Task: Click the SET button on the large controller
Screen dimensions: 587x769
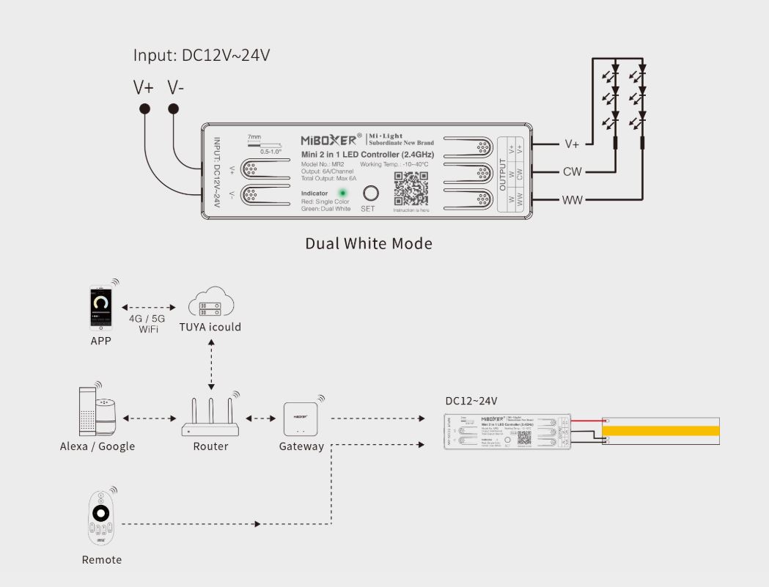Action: [x=372, y=193]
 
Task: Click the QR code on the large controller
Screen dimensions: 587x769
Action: [x=411, y=189]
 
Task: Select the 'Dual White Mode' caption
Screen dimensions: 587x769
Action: [x=369, y=243]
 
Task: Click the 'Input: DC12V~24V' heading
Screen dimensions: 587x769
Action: [x=196, y=55]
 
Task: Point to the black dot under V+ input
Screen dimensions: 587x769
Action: [x=145, y=109]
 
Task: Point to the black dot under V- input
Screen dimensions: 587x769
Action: [x=174, y=109]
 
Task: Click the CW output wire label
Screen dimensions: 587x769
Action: [x=573, y=172]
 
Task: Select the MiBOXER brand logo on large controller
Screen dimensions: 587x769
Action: [x=329, y=139]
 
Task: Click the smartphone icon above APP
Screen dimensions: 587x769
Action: [x=101, y=307]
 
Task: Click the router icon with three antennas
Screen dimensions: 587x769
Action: [x=211, y=418]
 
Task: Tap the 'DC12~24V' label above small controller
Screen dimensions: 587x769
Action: [x=471, y=401]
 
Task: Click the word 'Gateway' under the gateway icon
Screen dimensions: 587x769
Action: [x=301, y=446]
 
